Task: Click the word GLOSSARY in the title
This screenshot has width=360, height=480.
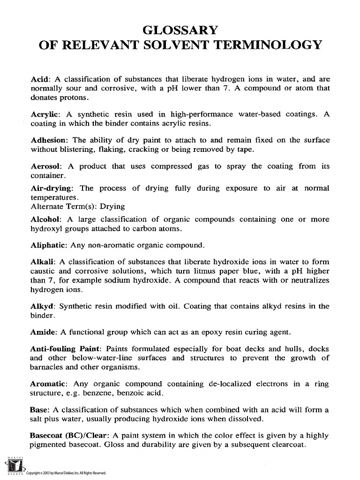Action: [180, 30]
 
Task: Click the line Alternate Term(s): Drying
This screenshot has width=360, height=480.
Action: [77, 206]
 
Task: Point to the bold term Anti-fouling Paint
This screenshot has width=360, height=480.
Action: [66, 349]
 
